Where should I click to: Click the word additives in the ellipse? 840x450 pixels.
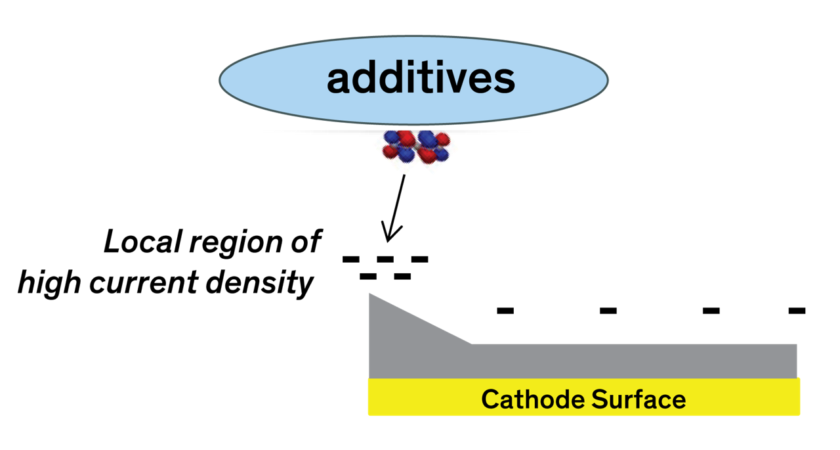tap(421, 79)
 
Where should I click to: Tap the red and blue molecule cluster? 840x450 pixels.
tap(416, 146)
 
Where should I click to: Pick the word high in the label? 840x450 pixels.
tap(50, 283)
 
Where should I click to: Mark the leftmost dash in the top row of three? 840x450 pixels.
tap(351, 259)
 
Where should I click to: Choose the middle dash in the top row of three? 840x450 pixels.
tap(385, 259)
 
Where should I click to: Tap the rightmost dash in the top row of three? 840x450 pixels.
tap(419, 259)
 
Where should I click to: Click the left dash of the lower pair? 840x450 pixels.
tap(368, 277)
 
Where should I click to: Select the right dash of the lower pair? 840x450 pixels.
tap(402, 277)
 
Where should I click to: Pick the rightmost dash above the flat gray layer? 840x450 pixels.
tap(797, 311)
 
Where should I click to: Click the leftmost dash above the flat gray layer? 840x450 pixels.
tap(505, 311)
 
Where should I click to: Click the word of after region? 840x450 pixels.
tap(304, 242)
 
